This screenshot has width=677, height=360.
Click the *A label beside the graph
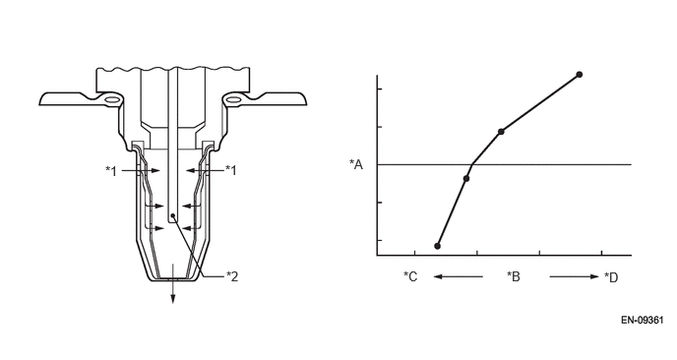[356, 164]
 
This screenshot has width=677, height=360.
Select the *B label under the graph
[514, 276]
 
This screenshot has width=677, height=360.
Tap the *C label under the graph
[410, 276]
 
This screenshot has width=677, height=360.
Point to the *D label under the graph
[611, 277]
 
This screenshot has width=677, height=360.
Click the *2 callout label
[232, 276]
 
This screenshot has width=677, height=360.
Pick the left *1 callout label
[111, 171]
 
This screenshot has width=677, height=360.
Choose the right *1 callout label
[231, 171]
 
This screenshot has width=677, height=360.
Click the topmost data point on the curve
[580, 75]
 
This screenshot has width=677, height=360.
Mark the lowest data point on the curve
[437, 246]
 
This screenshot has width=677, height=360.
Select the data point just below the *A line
[466, 178]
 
